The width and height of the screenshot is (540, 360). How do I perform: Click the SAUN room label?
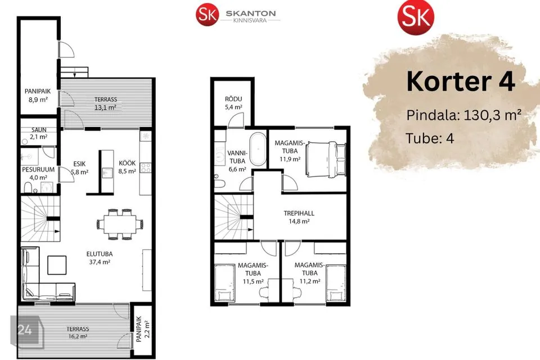(39, 129)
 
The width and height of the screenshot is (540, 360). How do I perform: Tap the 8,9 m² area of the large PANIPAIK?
(38, 100)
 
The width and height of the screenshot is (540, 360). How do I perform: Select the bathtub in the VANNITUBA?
(258, 150)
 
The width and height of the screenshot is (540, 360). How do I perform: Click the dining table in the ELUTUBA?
(120, 224)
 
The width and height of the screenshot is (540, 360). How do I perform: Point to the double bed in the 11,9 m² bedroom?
(325, 159)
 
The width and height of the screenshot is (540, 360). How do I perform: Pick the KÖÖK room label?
(127, 163)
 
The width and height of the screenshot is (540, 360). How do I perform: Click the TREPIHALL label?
(299, 213)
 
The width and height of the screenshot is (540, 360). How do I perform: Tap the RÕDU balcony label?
(233, 99)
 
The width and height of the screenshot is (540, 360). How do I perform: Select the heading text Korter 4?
(461, 82)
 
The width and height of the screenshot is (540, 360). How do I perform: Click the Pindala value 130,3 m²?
(493, 115)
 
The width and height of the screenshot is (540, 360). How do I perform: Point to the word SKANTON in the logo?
(251, 13)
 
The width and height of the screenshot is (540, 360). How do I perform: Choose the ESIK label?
(79, 164)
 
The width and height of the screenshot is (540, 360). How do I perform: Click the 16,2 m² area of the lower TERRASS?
(78, 336)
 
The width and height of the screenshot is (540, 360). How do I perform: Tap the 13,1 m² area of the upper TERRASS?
(105, 107)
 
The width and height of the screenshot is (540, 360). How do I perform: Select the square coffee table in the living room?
(57, 265)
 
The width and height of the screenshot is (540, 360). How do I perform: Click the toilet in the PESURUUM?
(28, 187)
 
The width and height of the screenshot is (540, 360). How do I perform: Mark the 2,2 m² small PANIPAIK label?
(142, 329)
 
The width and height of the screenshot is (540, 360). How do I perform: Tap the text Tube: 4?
(430, 138)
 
